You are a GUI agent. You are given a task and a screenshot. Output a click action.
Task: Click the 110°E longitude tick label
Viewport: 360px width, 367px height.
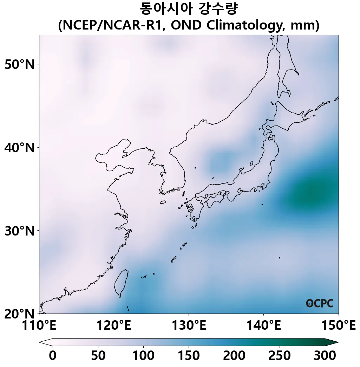tap(39, 326)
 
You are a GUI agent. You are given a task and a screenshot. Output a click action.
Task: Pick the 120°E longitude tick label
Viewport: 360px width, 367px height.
tap(114, 326)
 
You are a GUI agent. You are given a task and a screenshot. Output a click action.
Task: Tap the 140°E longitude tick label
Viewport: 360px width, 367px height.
tap(263, 326)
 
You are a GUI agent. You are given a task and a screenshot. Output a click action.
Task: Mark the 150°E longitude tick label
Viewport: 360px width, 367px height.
tap(338, 326)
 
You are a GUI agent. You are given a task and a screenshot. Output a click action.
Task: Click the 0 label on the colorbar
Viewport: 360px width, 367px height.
tap(53, 356)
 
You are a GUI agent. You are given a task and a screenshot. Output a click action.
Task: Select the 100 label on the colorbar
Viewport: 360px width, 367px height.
tap(143, 356)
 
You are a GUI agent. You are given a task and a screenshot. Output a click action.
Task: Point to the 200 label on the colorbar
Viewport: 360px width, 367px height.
tap(234, 356)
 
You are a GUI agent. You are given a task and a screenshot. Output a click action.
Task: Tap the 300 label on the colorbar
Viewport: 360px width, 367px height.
tap(325, 356)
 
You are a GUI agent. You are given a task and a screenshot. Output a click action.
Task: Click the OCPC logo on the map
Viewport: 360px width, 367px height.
tap(320, 303)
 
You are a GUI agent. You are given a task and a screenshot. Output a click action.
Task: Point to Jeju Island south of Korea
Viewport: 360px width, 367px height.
tap(163, 202)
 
